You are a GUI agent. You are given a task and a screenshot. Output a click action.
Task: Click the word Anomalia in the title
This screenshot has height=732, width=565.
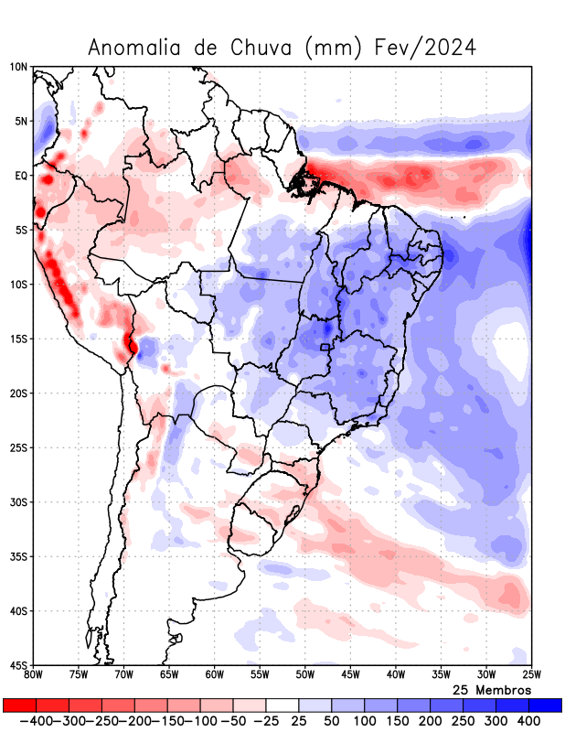[134, 48]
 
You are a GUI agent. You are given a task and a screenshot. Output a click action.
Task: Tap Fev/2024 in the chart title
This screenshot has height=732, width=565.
[426, 48]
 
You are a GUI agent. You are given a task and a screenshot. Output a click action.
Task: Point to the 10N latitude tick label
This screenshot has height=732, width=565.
[19, 67]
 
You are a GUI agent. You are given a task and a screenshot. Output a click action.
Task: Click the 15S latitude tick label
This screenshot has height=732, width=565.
[19, 339]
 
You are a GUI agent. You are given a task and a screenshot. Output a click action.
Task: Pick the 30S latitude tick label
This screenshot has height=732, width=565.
[19, 502]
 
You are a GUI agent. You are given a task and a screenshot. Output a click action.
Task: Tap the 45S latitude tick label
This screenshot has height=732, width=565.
[19, 665]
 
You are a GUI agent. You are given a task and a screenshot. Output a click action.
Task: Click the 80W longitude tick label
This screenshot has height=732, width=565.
[34, 675]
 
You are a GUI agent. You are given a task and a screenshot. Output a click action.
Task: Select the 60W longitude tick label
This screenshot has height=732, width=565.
[215, 675]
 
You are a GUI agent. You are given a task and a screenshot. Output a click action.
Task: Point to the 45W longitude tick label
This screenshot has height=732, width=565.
[350, 675]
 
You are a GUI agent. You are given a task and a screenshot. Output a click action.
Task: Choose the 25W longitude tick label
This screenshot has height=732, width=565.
[531, 675]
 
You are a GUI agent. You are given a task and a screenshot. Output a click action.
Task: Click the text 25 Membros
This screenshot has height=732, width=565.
[491, 690]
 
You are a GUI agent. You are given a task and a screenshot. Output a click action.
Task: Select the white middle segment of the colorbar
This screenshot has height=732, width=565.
[282, 705]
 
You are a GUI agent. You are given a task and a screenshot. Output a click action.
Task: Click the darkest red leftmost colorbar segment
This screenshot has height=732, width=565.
[19, 705]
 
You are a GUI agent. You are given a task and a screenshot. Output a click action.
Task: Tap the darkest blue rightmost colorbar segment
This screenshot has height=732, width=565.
[546, 705]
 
